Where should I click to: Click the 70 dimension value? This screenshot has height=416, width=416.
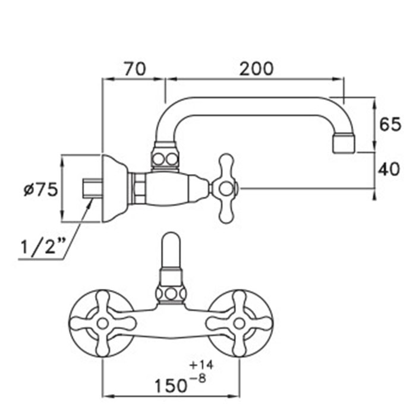click(x=135, y=69)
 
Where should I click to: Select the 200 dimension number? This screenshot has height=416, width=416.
click(x=256, y=69)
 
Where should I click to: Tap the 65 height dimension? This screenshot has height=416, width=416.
click(x=390, y=124)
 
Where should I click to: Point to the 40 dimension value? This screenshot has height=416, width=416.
click(x=389, y=169)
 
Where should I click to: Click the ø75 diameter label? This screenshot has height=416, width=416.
click(x=40, y=190)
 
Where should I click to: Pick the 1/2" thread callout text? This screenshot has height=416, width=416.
click(x=43, y=247)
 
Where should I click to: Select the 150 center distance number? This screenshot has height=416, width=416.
click(x=171, y=386)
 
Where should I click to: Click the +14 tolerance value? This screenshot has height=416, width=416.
click(x=201, y=365)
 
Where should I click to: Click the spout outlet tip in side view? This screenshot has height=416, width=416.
click(x=344, y=143)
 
